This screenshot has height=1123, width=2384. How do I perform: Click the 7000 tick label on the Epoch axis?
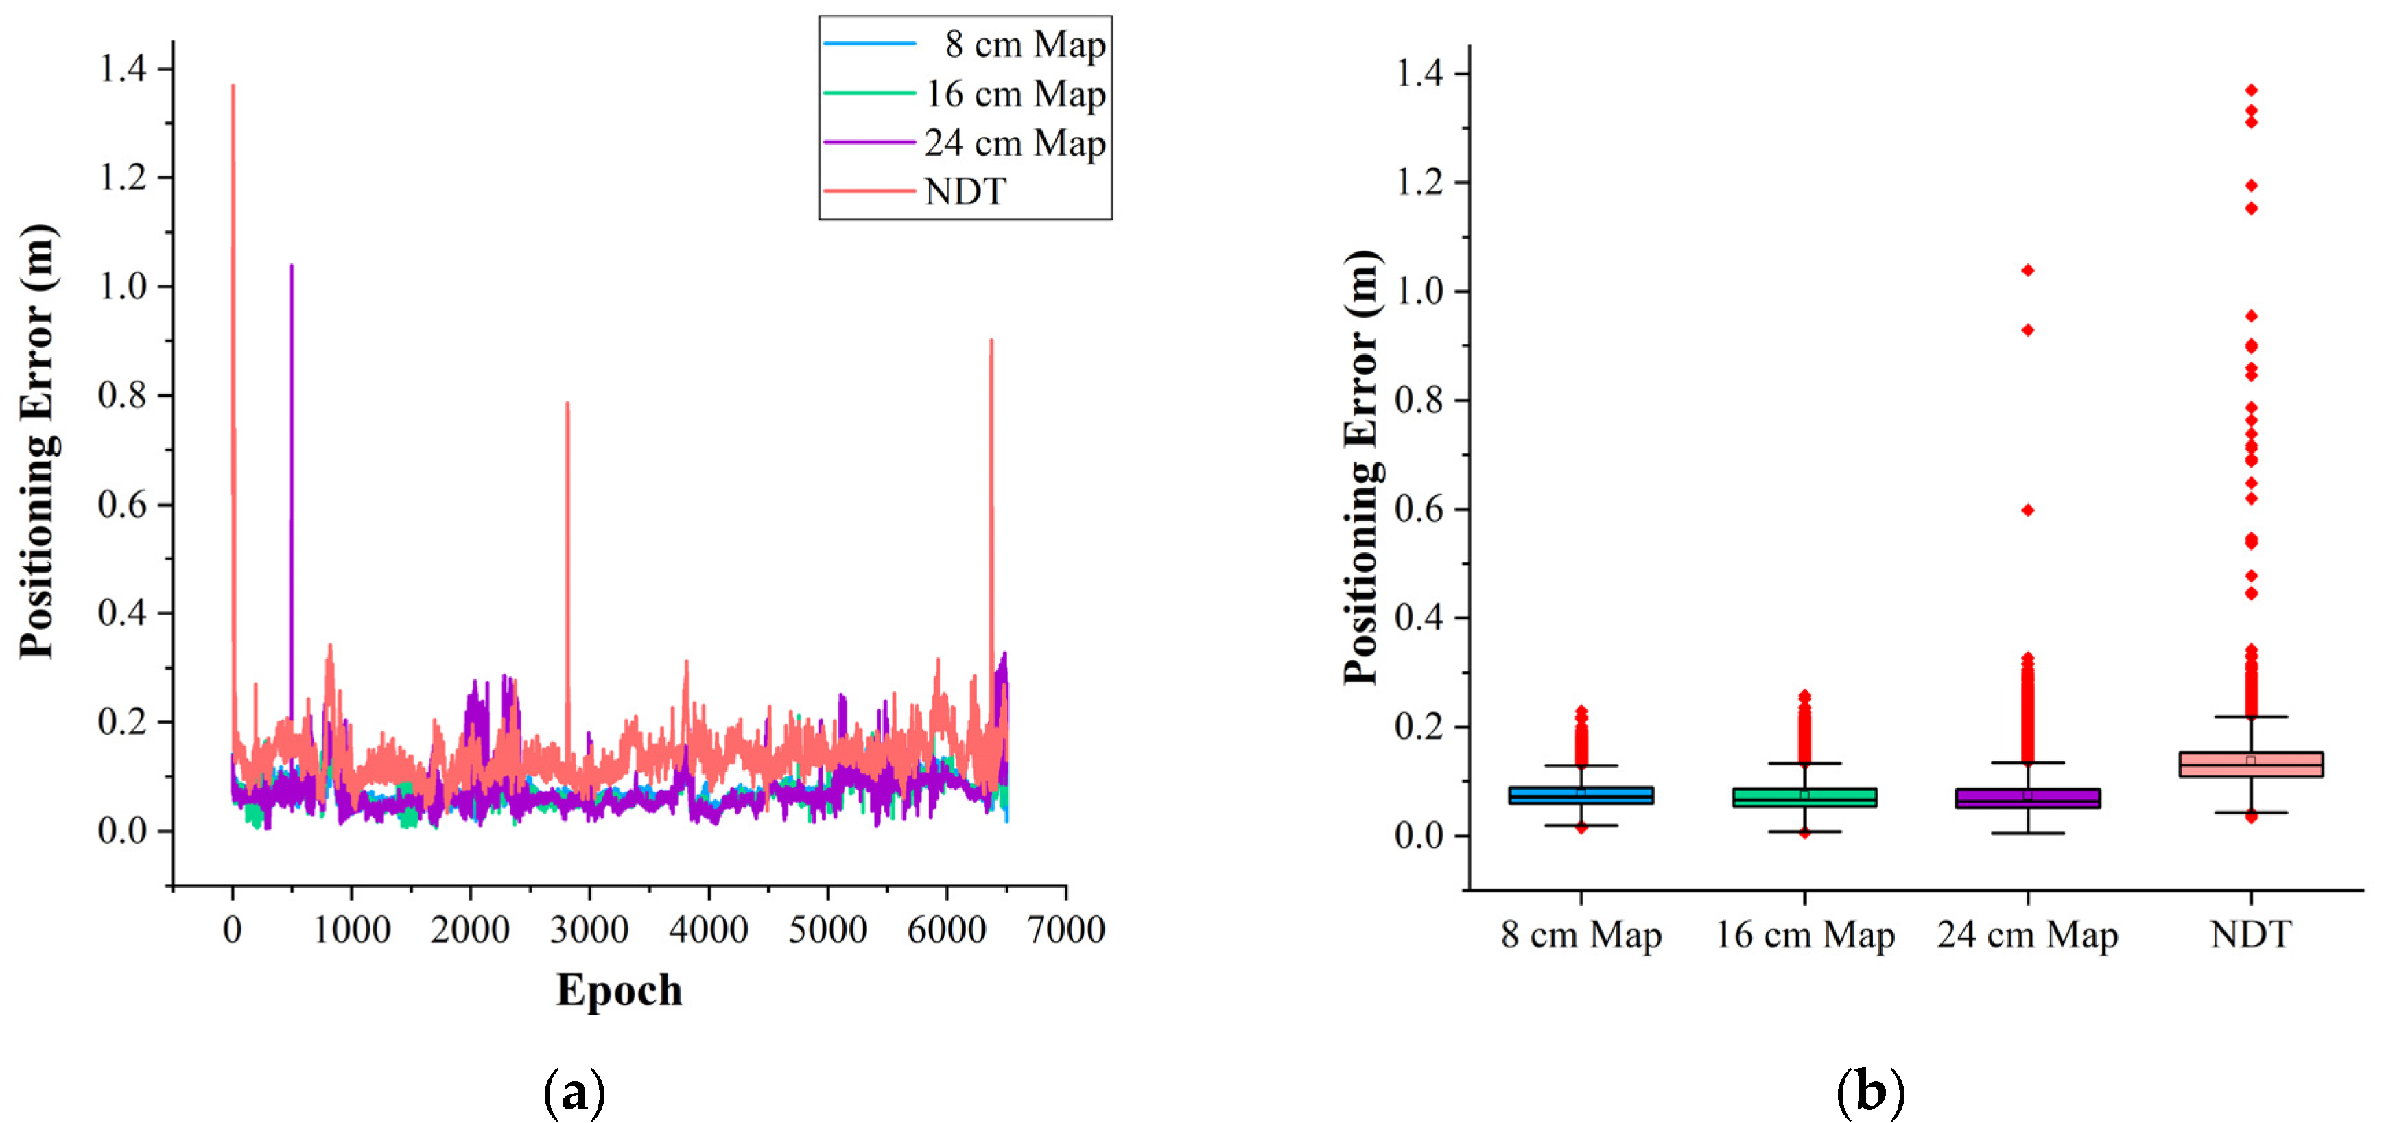click(1066, 929)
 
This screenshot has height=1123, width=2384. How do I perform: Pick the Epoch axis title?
click(619, 990)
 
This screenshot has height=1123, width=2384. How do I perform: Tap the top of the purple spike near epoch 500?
click(292, 265)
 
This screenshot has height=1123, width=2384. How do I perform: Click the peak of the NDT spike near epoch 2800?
click(567, 403)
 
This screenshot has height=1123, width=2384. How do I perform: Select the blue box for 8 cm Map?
click(1581, 795)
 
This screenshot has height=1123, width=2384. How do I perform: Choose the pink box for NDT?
click(2251, 764)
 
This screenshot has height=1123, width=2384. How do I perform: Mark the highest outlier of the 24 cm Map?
click(2028, 270)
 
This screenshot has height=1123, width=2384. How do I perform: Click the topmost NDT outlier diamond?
click(2251, 90)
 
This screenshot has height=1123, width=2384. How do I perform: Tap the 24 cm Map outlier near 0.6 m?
click(2028, 510)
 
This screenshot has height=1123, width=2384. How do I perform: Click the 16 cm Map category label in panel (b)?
click(1805, 935)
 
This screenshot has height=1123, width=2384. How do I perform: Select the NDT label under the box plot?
click(2251, 935)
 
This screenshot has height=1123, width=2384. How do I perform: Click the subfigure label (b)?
click(1869, 1091)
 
